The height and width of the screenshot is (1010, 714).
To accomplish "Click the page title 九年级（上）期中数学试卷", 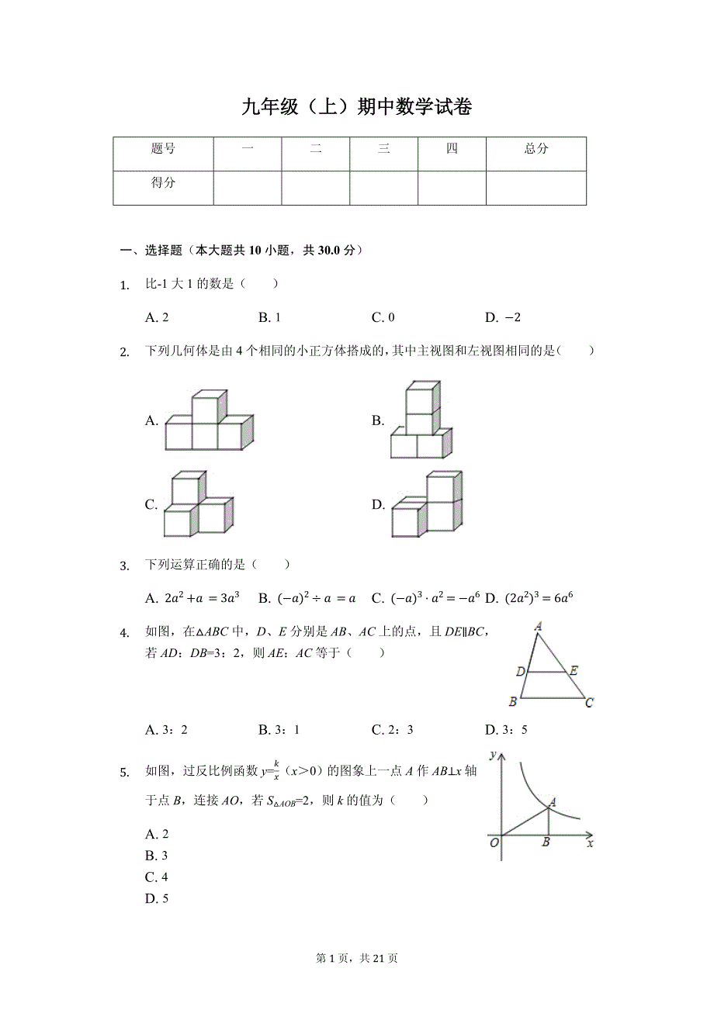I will click(356, 108).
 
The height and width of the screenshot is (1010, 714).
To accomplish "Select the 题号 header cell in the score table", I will click(163, 149).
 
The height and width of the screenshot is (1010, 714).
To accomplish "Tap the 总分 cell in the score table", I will click(535, 149).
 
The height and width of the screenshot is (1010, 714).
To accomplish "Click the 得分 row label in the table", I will click(163, 183).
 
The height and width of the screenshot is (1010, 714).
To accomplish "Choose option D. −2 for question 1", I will click(503, 317).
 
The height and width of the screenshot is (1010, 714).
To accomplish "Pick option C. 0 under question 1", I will click(383, 317).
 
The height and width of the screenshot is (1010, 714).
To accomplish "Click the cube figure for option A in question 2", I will click(209, 420).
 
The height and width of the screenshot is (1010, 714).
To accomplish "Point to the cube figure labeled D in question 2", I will click(427, 504).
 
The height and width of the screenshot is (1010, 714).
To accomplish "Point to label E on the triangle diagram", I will click(574, 671).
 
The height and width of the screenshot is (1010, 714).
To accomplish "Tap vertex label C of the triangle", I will click(590, 703).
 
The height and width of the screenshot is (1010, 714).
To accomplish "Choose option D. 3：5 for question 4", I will click(506, 730).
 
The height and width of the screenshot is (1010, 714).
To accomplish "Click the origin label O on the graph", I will click(494, 843).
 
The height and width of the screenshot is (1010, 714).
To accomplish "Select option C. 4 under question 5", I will click(157, 877).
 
